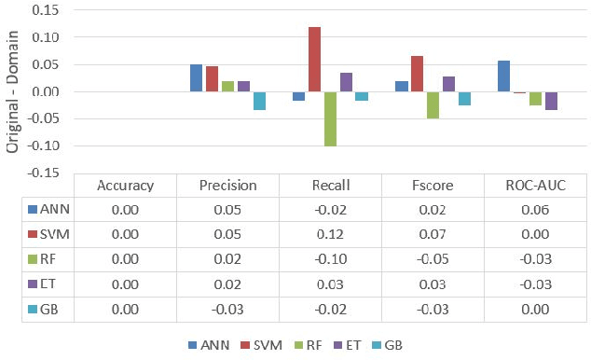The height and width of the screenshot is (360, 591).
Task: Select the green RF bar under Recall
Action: pyautogui.click(x=330, y=118)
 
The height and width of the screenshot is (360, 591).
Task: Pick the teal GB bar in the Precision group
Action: pyautogui.click(x=259, y=101)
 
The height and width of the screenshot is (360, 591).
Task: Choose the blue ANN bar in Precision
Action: pyautogui.click(x=196, y=77)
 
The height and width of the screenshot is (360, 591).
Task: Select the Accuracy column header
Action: pyautogui.click(x=125, y=185)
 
